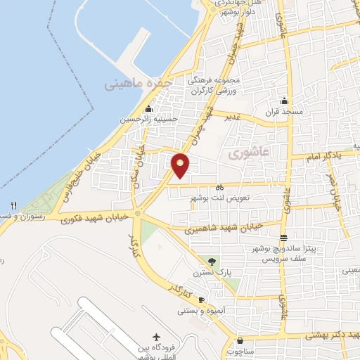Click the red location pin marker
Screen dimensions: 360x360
click(181, 165)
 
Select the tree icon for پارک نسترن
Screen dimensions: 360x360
click(212, 262)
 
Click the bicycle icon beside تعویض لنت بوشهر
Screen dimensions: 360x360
click(220, 188)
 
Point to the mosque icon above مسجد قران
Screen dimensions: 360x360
click(283, 101)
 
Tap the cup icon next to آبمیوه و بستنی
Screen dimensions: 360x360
click(201, 300)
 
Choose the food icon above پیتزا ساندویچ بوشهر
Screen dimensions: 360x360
click(283, 237)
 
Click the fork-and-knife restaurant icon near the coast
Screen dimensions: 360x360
click(13, 205)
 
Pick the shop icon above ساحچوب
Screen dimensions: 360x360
click(240, 337)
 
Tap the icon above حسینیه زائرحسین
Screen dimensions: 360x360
click(148, 108)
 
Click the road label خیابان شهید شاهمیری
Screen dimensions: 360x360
click(223, 227)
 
